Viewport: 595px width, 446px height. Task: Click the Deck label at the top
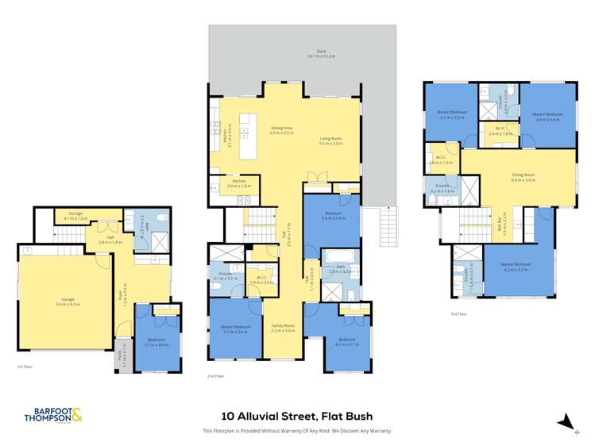pyautogui.click(x=321, y=53)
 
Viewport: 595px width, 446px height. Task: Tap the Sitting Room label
pyautogui.click(x=523, y=178)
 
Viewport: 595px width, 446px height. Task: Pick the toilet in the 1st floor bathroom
pyautogui.click(x=161, y=217)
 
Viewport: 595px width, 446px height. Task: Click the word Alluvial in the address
pyautogui.click(x=265, y=415)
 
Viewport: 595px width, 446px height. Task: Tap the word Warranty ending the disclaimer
pyautogui.click(x=380, y=431)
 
